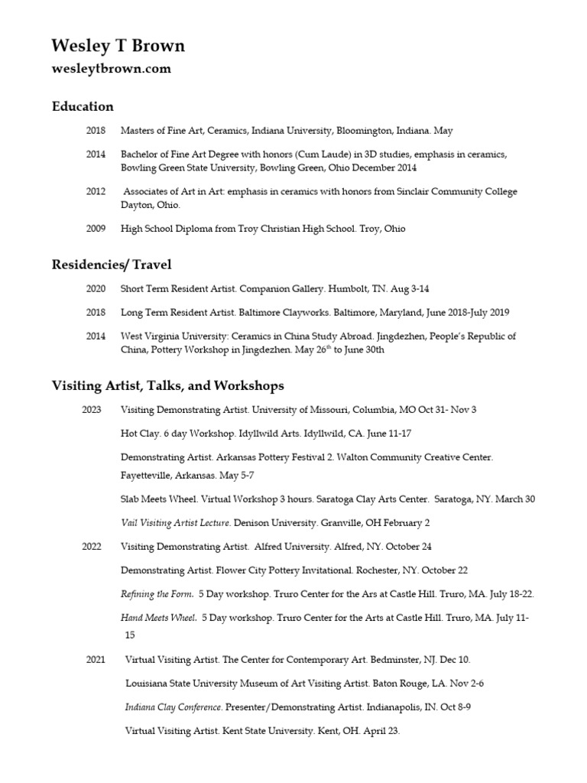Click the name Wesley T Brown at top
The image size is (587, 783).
click(x=118, y=47)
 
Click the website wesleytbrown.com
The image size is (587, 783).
click(x=111, y=69)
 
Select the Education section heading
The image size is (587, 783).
click(x=83, y=106)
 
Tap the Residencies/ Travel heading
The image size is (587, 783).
click(x=112, y=265)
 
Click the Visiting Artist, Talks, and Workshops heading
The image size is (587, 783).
click(x=167, y=385)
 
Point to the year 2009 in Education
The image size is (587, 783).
click(x=96, y=229)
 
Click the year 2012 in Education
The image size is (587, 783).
click(x=96, y=191)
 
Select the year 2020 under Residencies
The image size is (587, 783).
click(x=96, y=289)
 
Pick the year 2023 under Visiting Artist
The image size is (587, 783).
click(x=92, y=410)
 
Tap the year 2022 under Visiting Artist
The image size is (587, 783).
click(x=92, y=547)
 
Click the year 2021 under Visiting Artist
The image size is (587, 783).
click(x=96, y=659)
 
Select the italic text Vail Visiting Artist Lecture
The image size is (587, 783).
click(x=176, y=523)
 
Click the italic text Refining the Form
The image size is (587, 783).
click(x=157, y=594)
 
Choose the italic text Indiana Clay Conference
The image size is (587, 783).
click(x=174, y=707)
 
